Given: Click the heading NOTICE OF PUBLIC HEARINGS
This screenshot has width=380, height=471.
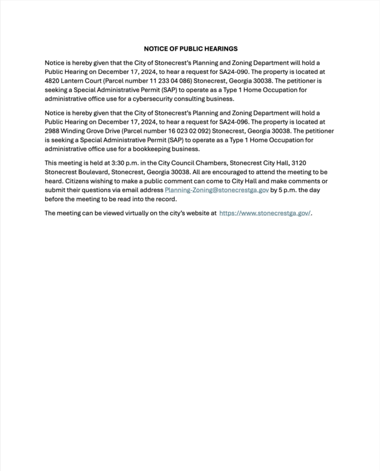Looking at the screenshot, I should (x=191, y=48).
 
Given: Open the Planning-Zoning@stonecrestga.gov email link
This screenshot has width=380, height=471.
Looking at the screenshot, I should (x=217, y=190).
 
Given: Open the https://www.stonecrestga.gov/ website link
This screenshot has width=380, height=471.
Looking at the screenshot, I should (x=265, y=213).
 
